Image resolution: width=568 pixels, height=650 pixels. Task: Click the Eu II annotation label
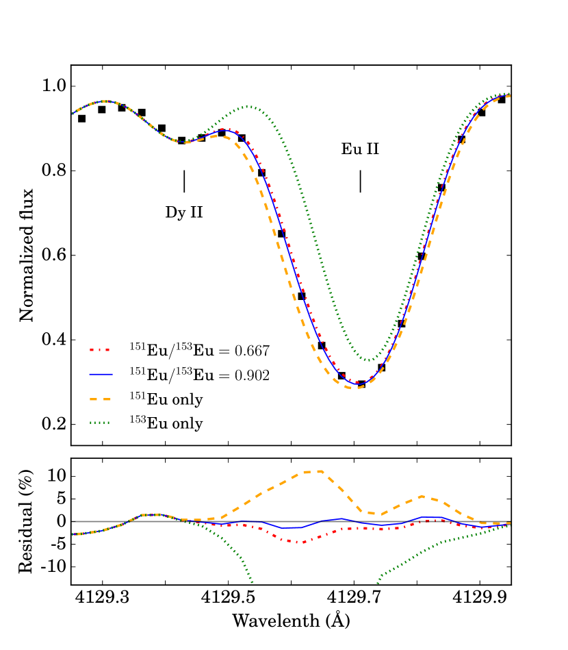[x=360, y=150]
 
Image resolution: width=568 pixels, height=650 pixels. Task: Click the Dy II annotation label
[x=184, y=212]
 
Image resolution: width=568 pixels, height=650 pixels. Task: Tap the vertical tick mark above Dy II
[x=184, y=182]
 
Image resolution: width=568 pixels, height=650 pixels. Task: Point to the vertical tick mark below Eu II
[x=361, y=182]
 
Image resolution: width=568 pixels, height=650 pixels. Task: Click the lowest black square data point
[x=361, y=384]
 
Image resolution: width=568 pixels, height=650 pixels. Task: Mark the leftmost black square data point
[x=82, y=118]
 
